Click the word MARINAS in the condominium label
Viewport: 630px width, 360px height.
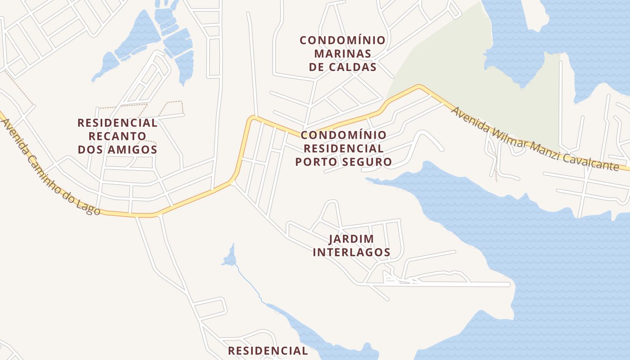pos(343,54)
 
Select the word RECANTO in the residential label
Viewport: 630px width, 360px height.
pos(117,136)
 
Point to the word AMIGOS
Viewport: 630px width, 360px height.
pos(132,149)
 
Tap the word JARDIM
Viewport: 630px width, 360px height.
pos(351,239)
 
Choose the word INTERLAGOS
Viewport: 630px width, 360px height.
pos(351,252)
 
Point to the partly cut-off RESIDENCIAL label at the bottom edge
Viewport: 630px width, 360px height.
pos(268,351)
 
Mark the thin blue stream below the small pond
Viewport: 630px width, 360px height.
pos(248,281)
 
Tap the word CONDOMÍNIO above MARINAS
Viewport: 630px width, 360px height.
pos(343,40)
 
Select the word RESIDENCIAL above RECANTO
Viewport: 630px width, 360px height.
pos(117,123)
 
